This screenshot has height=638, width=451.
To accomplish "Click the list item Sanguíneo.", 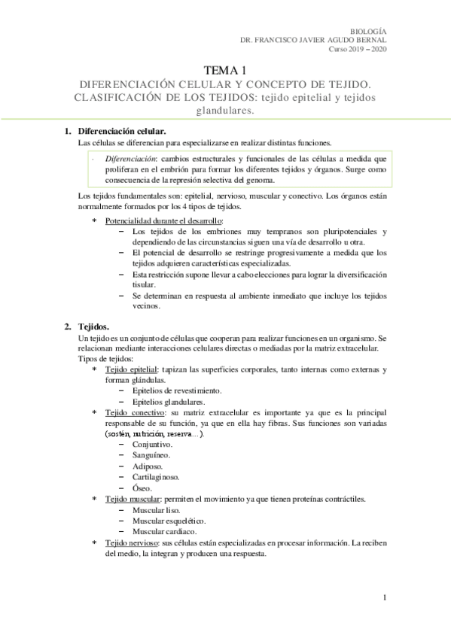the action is click(151, 456).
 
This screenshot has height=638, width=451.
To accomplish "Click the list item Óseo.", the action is click(143, 488).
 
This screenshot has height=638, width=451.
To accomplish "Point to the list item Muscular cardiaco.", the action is click(166, 531).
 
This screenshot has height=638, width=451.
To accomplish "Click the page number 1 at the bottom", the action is click(384, 598).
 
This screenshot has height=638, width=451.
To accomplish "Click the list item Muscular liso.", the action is click(156, 509).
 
